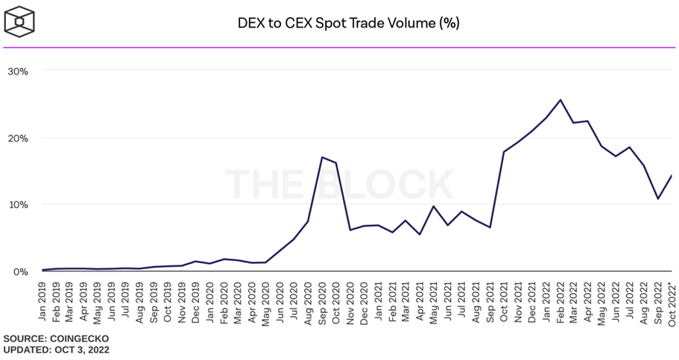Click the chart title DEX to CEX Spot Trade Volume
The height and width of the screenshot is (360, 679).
347,23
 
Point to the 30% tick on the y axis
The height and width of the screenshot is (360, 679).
17,72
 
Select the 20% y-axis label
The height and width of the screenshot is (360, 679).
17,138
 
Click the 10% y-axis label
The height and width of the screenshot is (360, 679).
17,205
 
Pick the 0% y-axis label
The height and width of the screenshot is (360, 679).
20,271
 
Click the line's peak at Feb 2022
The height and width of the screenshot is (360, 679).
560,100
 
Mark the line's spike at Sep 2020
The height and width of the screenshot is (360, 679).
322,157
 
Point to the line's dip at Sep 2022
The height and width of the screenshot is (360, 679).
658,199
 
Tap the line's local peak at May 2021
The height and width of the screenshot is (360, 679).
434,206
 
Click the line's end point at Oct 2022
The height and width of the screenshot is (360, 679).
672,176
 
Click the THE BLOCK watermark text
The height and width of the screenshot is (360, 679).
339,184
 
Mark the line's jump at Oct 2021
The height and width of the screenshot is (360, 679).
505,152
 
